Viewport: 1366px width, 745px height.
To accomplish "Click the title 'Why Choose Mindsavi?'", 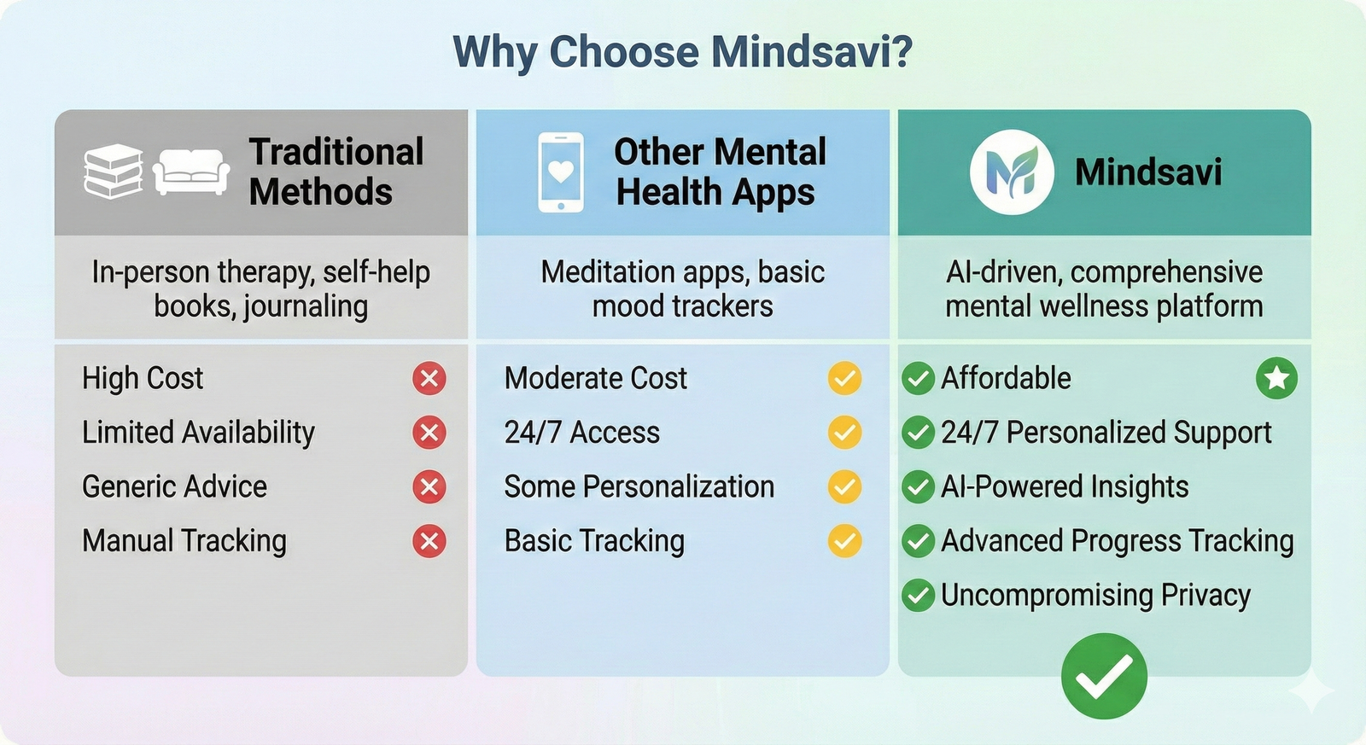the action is (682, 52).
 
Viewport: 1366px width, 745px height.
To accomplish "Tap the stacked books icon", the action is (114, 172).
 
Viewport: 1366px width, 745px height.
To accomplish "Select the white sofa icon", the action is (191, 172).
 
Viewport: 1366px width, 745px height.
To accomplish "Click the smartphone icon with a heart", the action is (560, 172).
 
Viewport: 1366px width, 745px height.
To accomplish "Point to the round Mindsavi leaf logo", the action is (1012, 172).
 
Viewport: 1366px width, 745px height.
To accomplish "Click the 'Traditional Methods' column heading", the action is (336, 172).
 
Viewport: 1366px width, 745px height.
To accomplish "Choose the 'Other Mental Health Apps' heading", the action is (721, 172).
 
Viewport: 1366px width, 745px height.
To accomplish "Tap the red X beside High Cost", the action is (429, 379).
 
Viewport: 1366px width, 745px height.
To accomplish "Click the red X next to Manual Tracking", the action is (429, 541).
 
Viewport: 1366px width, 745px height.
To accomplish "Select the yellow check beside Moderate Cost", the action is (844, 379).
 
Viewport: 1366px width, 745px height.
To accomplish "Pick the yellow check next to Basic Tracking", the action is (844, 541).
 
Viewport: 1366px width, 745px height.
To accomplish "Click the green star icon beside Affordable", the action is (1277, 379).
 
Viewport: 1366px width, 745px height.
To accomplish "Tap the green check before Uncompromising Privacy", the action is (919, 595).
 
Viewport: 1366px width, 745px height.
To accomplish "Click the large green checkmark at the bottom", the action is (1105, 676).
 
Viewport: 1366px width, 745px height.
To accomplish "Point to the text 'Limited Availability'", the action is (198, 433).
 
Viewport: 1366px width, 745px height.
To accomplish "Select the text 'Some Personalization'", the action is (639, 486).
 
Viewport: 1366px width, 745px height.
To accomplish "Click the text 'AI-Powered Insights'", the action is (1065, 486).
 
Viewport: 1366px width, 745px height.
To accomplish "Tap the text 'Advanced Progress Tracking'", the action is (1118, 541).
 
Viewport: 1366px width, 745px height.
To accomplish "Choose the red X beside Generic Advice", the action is (429, 486).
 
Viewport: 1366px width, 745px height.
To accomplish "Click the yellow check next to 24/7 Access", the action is (844, 433).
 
